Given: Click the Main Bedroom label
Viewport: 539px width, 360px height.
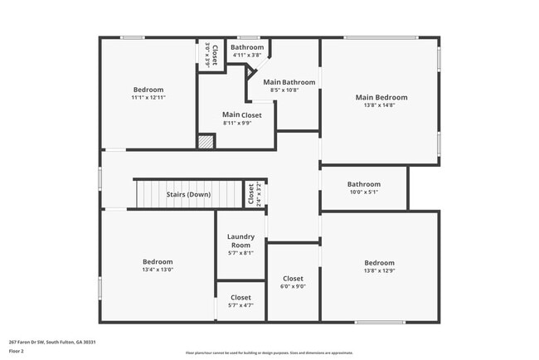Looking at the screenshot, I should [x=381, y=97].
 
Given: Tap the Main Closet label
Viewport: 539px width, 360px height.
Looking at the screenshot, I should [x=241, y=114].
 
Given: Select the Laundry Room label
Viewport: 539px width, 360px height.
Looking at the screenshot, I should [x=240, y=241].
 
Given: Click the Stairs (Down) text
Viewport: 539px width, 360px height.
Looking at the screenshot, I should [x=188, y=194].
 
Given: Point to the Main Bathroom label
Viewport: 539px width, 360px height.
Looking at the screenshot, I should [x=289, y=82].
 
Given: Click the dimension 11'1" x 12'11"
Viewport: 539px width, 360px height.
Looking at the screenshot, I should [x=148, y=98].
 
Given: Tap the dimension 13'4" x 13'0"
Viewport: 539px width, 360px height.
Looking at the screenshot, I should [x=158, y=270].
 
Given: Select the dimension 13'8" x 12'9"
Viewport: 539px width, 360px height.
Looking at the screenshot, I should [x=379, y=270].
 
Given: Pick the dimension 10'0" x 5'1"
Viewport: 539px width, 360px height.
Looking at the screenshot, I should [x=363, y=192].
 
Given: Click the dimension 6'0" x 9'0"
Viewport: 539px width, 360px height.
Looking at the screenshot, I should [x=293, y=286].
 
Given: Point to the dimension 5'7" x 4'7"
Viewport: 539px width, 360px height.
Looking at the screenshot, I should [x=240, y=305].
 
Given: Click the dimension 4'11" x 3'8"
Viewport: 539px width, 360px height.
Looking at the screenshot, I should [x=247, y=56].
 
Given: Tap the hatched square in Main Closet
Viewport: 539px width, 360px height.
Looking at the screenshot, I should [x=206, y=142].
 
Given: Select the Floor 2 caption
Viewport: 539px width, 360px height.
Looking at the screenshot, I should [x=17, y=351].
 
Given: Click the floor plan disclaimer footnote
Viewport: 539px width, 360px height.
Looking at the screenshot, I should [x=269, y=353].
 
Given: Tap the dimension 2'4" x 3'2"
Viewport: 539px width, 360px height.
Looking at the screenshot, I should [x=258, y=194].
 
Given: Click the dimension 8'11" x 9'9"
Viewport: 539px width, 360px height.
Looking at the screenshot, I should [x=241, y=123].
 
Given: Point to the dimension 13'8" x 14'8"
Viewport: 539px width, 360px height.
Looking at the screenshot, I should [x=381, y=105].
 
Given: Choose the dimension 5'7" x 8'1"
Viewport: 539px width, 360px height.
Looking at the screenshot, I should [x=240, y=253].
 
